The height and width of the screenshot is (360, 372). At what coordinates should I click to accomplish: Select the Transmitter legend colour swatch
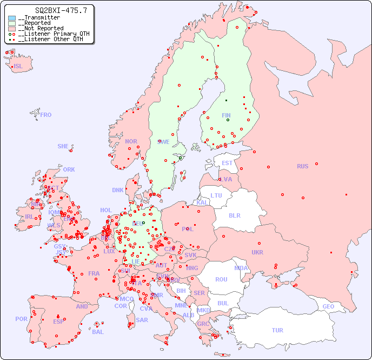(12, 18)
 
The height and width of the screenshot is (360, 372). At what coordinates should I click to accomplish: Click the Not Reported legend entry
(41, 29)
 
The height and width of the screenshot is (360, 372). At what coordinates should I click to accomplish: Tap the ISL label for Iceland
(18, 67)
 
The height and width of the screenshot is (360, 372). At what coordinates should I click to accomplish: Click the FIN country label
(226, 115)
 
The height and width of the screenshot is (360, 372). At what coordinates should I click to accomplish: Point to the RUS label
(302, 166)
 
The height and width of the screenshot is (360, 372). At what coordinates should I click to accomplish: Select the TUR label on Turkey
(277, 330)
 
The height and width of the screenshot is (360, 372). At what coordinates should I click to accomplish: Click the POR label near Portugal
(21, 319)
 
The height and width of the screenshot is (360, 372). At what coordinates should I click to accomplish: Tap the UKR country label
(257, 252)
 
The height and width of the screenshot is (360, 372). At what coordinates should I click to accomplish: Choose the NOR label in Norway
(131, 141)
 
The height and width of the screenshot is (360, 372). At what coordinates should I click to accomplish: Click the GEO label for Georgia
(328, 306)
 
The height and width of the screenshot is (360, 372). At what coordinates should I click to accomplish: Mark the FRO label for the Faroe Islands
(46, 115)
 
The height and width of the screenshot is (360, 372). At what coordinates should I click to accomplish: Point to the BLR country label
(234, 215)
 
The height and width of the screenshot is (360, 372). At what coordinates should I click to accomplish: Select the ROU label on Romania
(221, 279)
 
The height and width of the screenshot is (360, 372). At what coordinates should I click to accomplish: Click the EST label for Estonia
(227, 163)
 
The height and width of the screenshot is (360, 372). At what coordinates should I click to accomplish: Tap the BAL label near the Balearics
(98, 332)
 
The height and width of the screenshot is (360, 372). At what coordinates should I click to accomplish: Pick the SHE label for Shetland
(63, 146)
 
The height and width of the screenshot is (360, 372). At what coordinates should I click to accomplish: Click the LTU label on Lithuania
(216, 195)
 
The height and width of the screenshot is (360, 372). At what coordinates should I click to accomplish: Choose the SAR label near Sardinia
(142, 320)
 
